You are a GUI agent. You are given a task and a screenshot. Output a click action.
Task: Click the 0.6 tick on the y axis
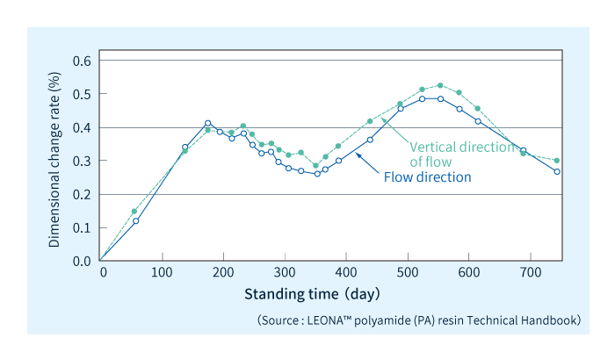(x=81, y=61)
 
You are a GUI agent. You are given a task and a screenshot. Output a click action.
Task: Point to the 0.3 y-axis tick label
(x=81, y=161)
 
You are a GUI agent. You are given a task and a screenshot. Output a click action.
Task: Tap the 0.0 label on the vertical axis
(x=81, y=261)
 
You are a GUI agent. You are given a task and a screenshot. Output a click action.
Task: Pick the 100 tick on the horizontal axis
(x=161, y=273)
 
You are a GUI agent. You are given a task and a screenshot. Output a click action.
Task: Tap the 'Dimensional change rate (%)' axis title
(x=55, y=161)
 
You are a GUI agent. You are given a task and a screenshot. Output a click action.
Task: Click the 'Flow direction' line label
(x=428, y=177)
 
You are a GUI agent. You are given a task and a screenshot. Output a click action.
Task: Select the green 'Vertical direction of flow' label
(x=461, y=154)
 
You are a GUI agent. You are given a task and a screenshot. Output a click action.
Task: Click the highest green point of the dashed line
(x=465, y=85)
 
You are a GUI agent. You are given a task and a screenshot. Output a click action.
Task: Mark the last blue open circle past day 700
(x=557, y=171)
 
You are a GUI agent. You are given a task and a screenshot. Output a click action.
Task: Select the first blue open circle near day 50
(x=135, y=220)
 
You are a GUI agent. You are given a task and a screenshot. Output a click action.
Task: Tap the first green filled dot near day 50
(x=134, y=212)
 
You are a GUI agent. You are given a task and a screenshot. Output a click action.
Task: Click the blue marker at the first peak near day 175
(x=208, y=124)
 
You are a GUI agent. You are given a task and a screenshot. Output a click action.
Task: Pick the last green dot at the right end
(x=557, y=161)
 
